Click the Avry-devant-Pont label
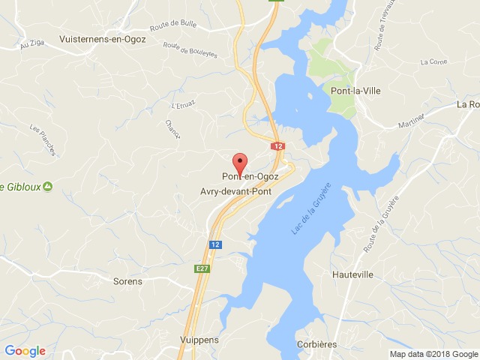[236, 190]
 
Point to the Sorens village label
[127, 282]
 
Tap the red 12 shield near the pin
[278, 146]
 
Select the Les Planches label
[43, 140]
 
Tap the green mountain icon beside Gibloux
[47, 186]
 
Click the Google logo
[25, 350]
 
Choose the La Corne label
[433, 61]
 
